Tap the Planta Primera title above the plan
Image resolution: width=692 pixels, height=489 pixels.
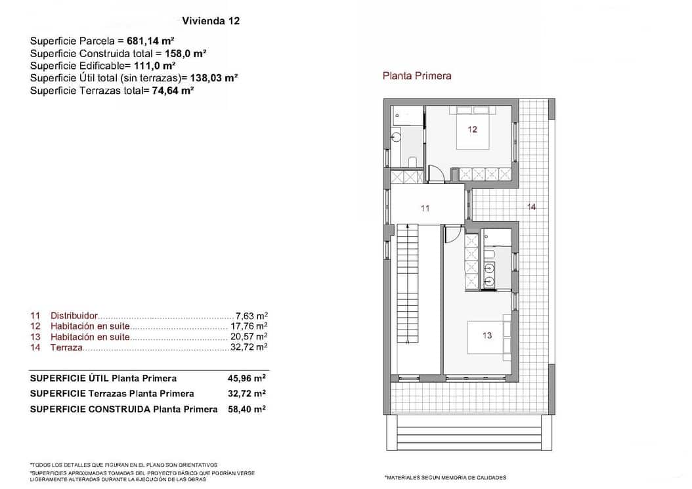417,75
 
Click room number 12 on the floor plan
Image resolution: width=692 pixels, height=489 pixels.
473,129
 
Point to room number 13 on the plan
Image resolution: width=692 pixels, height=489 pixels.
487,335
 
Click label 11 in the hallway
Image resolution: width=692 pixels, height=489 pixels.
425,208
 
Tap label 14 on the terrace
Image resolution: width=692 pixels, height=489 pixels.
531,207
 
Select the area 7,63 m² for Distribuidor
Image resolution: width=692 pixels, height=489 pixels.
251,315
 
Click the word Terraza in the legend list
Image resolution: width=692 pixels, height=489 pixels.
66,347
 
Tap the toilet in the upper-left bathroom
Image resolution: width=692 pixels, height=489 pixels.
411,162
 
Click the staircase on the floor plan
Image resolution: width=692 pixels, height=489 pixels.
408,282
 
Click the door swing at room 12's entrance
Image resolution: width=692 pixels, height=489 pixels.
435,173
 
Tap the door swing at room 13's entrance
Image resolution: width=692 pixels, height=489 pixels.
452,234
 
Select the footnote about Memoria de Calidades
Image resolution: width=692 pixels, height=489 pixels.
445,477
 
